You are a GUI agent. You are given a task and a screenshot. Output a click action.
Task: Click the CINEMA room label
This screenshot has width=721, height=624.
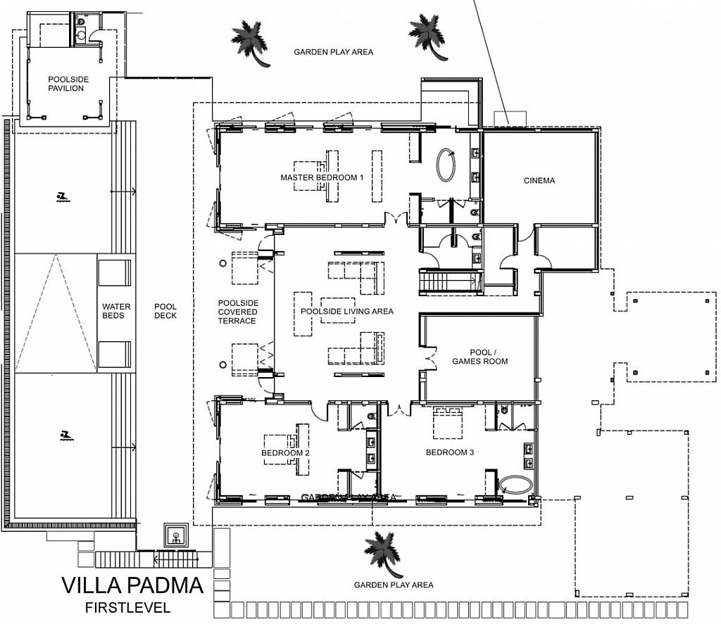click(x=539, y=181)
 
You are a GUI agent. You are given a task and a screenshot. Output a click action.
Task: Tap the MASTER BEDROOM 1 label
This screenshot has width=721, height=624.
click(x=322, y=178)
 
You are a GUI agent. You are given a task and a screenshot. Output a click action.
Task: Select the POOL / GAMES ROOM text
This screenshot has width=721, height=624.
click(x=489, y=357)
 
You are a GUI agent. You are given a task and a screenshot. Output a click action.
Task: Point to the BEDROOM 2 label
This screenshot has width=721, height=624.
click(x=285, y=453)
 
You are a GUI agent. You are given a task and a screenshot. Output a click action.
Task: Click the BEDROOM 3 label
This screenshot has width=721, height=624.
click(x=449, y=452)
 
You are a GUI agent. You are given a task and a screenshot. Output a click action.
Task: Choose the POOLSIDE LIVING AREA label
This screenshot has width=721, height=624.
click(x=346, y=311)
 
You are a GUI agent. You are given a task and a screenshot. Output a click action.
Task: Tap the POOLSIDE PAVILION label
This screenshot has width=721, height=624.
click(x=68, y=84)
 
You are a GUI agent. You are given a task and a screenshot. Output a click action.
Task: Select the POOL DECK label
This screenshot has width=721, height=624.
click(x=165, y=311)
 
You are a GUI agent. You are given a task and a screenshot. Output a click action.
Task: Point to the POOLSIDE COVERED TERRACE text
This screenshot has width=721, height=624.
click(x=237, y=312)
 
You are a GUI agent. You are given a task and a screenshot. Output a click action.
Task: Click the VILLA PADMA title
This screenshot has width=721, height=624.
click(x=132, y=585)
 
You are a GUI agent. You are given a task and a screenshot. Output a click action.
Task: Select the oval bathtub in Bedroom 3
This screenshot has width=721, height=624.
click(x=515, y=485)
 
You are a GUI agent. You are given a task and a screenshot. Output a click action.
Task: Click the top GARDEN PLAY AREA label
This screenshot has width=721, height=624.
click(x=333, y=52)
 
